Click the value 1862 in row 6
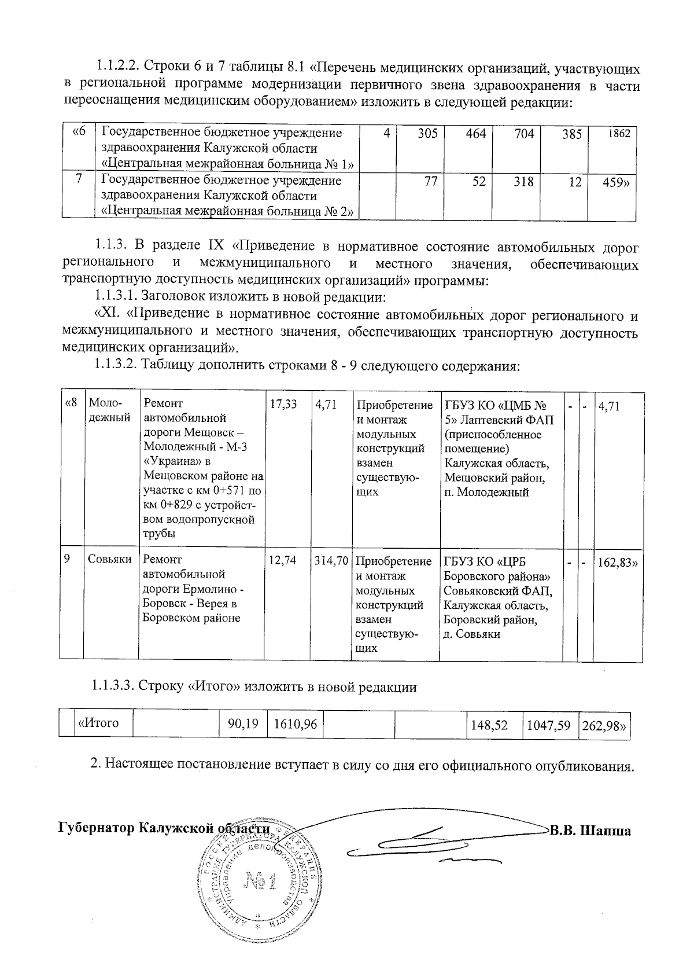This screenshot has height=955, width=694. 621,134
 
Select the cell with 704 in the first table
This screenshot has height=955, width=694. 523,134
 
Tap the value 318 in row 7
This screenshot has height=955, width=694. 523,181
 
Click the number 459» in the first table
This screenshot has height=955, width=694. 619,181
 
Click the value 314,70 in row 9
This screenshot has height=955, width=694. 331,561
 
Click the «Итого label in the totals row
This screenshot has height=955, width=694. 99,723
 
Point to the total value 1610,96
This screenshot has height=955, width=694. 295,723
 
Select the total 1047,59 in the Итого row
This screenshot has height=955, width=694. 549,723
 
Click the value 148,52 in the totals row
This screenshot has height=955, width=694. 489,723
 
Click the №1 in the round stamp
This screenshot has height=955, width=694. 261,881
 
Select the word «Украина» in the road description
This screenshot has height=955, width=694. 168,462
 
